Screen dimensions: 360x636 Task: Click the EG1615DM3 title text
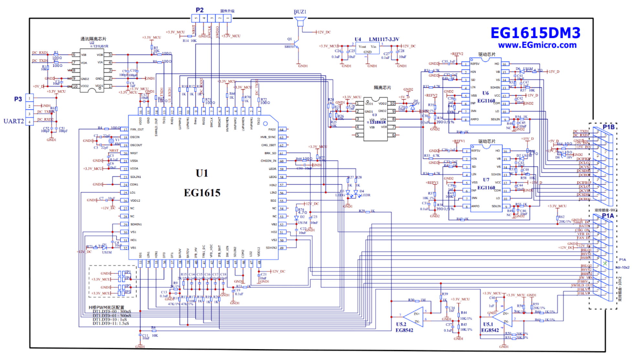point(535,33)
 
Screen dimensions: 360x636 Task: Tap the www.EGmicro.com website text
point(537,45)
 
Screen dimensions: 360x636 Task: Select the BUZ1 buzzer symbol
point(300,21)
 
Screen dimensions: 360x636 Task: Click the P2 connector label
point(200,10)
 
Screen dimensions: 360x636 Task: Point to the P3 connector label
point(18,99)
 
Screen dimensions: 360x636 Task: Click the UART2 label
point(14,121)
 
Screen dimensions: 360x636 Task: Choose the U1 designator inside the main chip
point(202,173)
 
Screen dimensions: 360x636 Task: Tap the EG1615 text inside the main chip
point(202,193)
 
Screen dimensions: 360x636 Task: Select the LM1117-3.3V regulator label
point(384,39)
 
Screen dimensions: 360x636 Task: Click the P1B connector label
point(608,127)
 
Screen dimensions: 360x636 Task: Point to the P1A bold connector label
point(608,215)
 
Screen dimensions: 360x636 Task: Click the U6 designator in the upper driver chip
point(486,93)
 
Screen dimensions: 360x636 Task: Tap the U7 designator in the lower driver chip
point(486,180)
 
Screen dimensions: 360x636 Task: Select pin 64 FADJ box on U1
point(282,130)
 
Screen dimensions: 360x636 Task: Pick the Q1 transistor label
point(290,39)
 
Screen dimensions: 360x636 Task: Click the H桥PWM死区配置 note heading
point(106,307)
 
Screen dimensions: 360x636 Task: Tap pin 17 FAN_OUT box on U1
point(125,129)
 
